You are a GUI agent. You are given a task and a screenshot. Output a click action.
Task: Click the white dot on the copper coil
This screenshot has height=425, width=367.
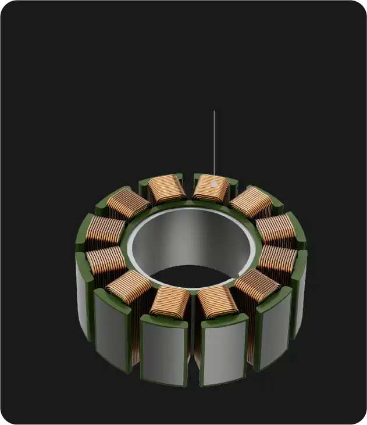pyautogui.click(x=214, y=184)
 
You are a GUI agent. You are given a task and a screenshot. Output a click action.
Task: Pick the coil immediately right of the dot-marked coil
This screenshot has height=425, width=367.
pyautogui.click(x=251, y=202)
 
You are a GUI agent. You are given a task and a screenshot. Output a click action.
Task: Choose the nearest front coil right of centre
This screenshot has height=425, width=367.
pyautogui.click(x=218, y=301)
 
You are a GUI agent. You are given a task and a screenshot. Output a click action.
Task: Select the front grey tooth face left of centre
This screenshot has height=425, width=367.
pyautogui.click(x=164, y=352)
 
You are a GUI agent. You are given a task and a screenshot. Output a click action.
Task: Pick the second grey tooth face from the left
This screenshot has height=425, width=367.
pyautogui.click(x=112, y=331)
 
